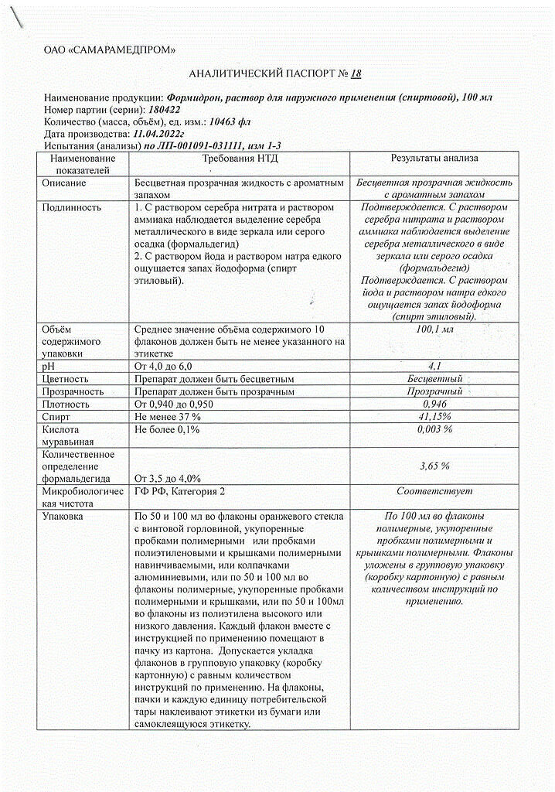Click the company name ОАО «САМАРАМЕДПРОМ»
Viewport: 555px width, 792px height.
tap(110, 50)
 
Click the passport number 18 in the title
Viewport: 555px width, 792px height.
tap(356, 74)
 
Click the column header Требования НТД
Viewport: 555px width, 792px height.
tap(240, 159)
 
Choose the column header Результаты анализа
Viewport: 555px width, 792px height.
tap(434, 159)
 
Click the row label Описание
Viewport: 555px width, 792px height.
tap(66, 183)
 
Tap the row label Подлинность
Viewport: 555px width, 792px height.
tap(73, 208)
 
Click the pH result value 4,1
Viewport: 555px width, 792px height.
tap(434, 367)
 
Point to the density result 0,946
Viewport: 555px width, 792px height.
tap(434, 405)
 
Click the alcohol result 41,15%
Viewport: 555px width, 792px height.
tap(434, 417)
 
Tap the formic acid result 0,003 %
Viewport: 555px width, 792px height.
tap(434, 429)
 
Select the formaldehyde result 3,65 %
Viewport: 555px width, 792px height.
tap(434, 466)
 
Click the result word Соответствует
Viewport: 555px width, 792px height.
tap(434, 492)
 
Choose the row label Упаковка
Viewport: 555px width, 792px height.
tap(64, 516)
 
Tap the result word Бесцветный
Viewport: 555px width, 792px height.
tap(434, 379)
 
